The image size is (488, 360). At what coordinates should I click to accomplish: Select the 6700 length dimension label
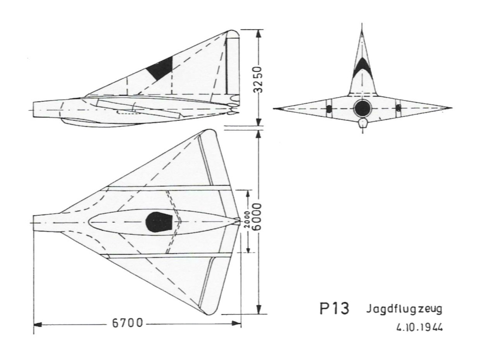128,323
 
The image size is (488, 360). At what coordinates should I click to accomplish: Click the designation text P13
334,309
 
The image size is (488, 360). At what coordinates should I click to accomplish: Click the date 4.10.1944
419,327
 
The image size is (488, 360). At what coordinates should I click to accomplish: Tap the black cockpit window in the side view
160,68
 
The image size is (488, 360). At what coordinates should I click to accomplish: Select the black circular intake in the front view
362,109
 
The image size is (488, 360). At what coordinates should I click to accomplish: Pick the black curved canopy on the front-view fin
362,68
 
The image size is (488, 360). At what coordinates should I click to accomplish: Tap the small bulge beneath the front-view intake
362,123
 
